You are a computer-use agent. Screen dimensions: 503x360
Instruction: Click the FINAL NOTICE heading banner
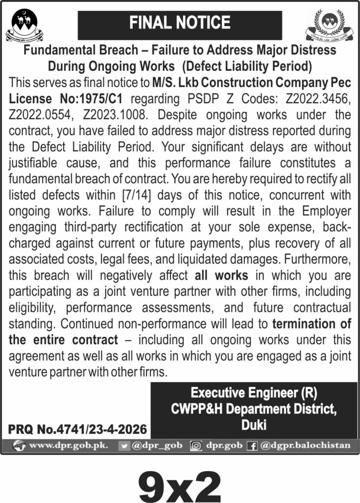pyautogui.click(x=180, y=23)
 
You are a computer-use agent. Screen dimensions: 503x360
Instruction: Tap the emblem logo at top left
pyautogui.click(x=24, y=25)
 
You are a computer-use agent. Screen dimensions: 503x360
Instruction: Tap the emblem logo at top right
pyautogui.click(x=329, y=25)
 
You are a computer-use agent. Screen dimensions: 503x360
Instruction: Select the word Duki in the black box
pyautogui.click(x=254, y=425)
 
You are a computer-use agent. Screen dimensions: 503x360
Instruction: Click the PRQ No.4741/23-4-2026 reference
pyautogui.click(x=78, y=429)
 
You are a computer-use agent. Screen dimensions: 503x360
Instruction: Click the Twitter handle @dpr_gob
pyautogui.click(x=157, y=446)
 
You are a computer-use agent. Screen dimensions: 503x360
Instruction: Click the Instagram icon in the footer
pyautogui.click(x=196, y=446)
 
